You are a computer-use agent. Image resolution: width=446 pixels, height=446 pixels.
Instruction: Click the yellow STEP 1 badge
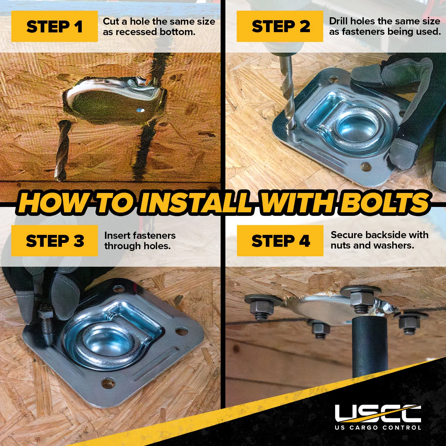(54, 26)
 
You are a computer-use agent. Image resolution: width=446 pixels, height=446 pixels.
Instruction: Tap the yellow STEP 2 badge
(280, 26)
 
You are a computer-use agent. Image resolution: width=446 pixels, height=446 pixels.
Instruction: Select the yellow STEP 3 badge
(54, 241)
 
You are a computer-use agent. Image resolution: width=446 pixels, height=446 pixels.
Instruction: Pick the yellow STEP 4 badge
(280, 241)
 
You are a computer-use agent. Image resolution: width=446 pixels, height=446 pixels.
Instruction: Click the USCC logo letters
(378, 413)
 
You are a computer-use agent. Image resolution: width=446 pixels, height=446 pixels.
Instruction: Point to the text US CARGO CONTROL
(378, 428)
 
